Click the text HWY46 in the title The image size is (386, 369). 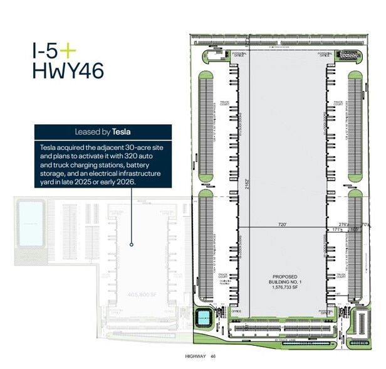point(68,70)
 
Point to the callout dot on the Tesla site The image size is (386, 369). point(131,244)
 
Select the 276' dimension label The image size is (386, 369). point(344,223)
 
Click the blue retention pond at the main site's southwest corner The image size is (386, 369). point(205,318)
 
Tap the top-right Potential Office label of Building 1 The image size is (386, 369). point(325,55)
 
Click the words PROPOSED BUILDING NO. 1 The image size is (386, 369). point(284,280)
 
